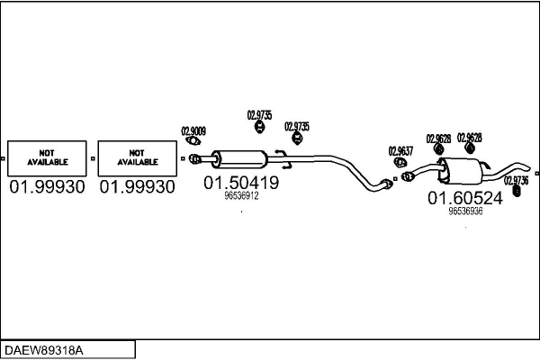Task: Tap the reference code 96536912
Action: point(241,195)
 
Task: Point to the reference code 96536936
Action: point(465,211)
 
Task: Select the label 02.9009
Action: point(193,130)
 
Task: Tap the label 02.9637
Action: point(400,150)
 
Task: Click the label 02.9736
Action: point(516,179)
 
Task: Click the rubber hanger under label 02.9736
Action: point(516,190)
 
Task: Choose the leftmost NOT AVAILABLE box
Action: point(47,157)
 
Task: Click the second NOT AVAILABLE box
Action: point(137,157)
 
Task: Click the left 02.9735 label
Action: point(259,114)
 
